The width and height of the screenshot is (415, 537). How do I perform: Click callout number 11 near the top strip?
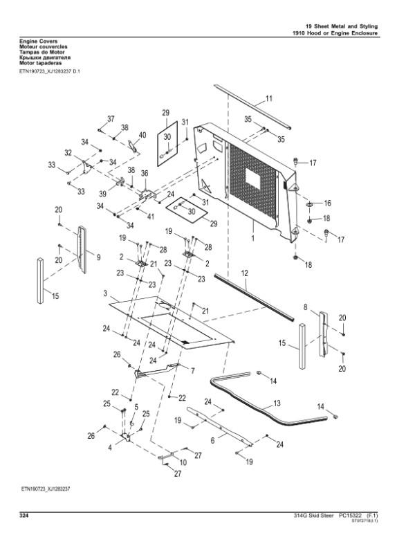(269, 99)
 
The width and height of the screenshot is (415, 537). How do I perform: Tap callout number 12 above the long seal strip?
(245, 274)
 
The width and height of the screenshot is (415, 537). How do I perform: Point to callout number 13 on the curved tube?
(277, 402)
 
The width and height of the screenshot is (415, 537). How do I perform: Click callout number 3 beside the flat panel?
(104, 294)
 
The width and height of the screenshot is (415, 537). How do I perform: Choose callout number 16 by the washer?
(328, 203)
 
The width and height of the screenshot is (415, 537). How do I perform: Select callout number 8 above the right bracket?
(305, 306)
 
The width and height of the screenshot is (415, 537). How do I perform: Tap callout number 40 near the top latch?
(142, 135)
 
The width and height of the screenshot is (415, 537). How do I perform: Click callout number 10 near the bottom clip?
(183, 462)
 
